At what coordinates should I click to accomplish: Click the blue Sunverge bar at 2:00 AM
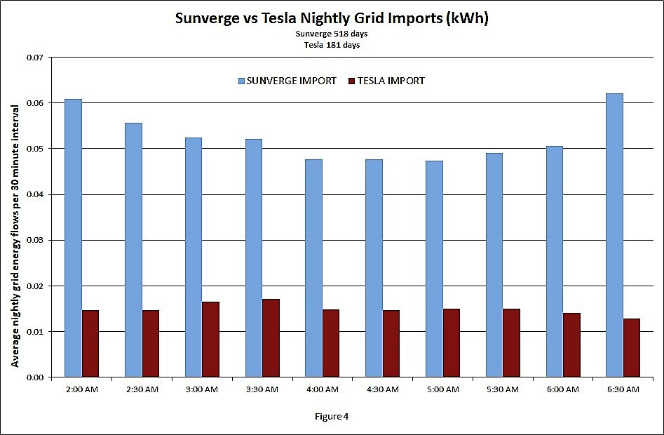click(x=74, y=239)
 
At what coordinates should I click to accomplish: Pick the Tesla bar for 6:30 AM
click(x=631, y=348)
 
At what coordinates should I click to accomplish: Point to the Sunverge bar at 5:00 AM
click(x=434, y=269)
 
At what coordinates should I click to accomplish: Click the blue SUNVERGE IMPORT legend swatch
click(x=240, y=81)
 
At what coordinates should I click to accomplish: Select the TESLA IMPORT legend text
click(x=391, y=81)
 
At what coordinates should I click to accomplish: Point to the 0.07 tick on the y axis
click(x=34, y=58)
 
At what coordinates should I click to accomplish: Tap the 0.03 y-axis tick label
click(x=34, y=241)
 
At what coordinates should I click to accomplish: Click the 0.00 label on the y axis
click(x=34, y=377)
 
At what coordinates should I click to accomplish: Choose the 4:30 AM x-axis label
click(x=382, y=390)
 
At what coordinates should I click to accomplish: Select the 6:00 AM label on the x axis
click(x=563, y=390)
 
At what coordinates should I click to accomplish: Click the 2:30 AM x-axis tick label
click(x=142, y=390)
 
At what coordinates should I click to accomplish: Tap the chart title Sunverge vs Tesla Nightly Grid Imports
click(x=332, y=19)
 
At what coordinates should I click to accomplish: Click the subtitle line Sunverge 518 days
click(x=332, y=34)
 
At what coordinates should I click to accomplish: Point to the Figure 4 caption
click(x=332, y=416)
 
